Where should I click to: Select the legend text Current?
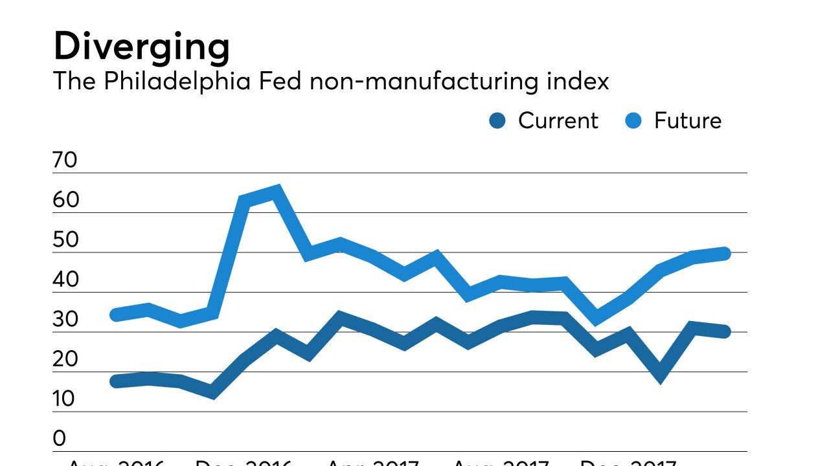click(558, 120)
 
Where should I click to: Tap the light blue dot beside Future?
click(634, 120)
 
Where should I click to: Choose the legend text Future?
click(687, 120)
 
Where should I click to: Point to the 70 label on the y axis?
click(65, 160)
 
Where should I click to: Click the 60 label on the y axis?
click(65, 200)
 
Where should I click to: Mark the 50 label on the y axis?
click(65, 240)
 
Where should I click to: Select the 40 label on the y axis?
click(65, 280)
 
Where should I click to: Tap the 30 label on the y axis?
click(65, 320)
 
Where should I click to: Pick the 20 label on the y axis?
click(65, 360)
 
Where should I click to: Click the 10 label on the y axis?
click(65, 399)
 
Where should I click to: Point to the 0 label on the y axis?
click(59, 439)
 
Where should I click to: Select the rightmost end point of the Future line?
click(725, 254)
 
